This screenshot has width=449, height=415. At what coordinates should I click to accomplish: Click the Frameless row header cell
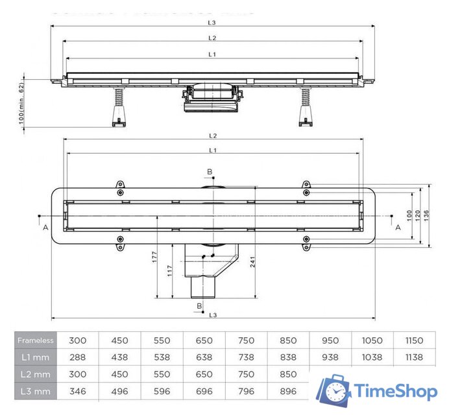coord(36,340)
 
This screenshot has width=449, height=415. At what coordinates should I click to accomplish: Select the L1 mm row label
coord(36,357)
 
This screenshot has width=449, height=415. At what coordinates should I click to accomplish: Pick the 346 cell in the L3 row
coord(77,391)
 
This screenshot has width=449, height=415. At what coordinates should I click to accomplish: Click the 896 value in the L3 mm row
coord(288,391)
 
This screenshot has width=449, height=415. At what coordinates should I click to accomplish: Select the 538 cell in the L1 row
coord(162,357)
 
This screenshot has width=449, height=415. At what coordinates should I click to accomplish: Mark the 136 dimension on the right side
coord(426,214)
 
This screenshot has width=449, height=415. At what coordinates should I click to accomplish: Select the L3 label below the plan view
coord(212,314)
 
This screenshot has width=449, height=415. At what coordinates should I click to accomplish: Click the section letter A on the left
coord(45,228)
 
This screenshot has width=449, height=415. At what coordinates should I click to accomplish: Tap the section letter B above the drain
coord(209,172)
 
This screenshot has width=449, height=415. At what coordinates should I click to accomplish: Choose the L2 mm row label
coord(36,374)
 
